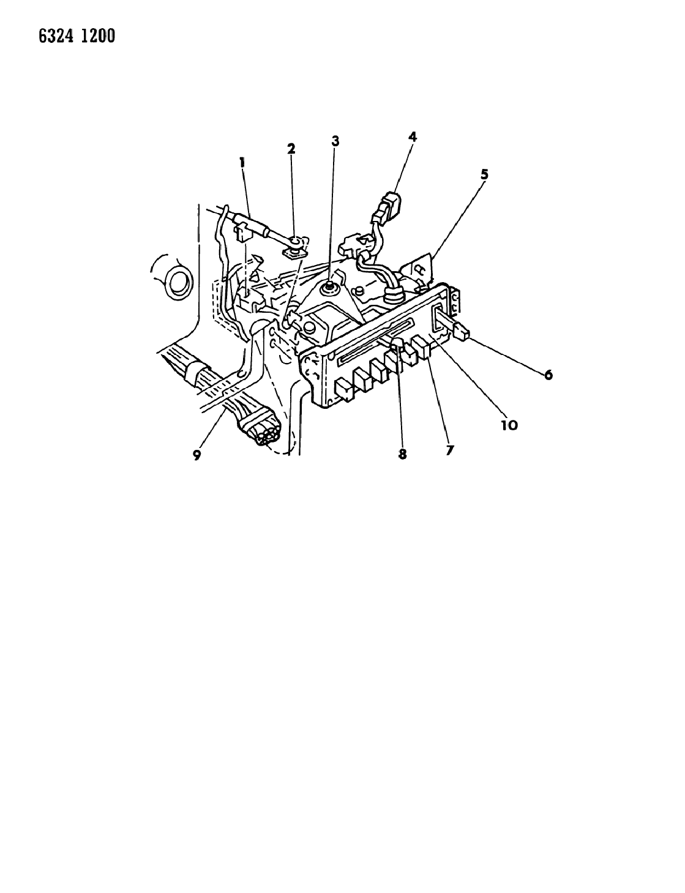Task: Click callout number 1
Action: tap(242, 163)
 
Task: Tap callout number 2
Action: tap(291, 149)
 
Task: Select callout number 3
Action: tap(335, 141)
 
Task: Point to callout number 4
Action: tap(412, 136)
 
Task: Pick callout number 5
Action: tap(484, 174)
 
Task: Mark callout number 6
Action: tap(548, 375)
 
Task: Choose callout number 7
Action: tap(449, 450)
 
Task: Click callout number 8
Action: tap(402, 454)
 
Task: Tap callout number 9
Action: tap(197, 455)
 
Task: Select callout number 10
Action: tap(509, 425)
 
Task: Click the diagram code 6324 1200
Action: tap(77, 36)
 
